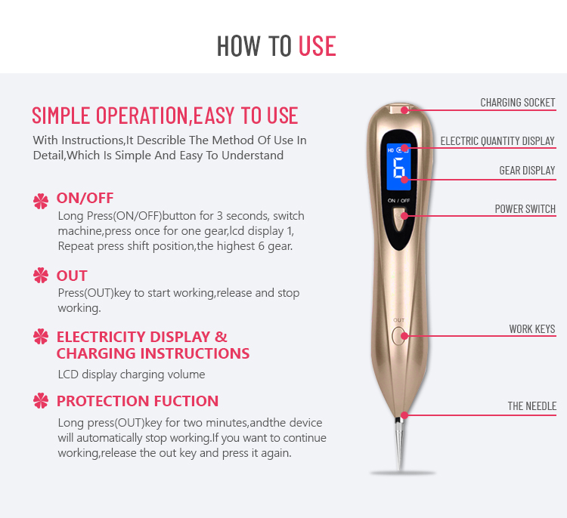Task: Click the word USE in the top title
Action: (317, 46)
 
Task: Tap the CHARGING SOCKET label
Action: (517, 103)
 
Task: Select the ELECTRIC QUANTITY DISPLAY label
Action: (497, 141)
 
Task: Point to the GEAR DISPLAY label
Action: (527, 171)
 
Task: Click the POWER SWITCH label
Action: (525, 209)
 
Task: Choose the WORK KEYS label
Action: (532, 328)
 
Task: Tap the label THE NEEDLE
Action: (532, 406)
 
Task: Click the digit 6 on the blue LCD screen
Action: (399, 168)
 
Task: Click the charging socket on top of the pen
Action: (398, 109)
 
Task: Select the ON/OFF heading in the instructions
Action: (85, 198)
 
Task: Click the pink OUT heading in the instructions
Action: (72, 276)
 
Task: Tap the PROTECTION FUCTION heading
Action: (138, 401)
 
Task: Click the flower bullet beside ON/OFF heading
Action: (41, 201)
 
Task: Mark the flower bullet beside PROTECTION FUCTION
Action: (41, 401)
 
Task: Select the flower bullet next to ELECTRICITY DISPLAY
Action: (41, 336)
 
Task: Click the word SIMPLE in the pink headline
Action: (60, 116)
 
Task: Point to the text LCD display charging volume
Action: (132, 375)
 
